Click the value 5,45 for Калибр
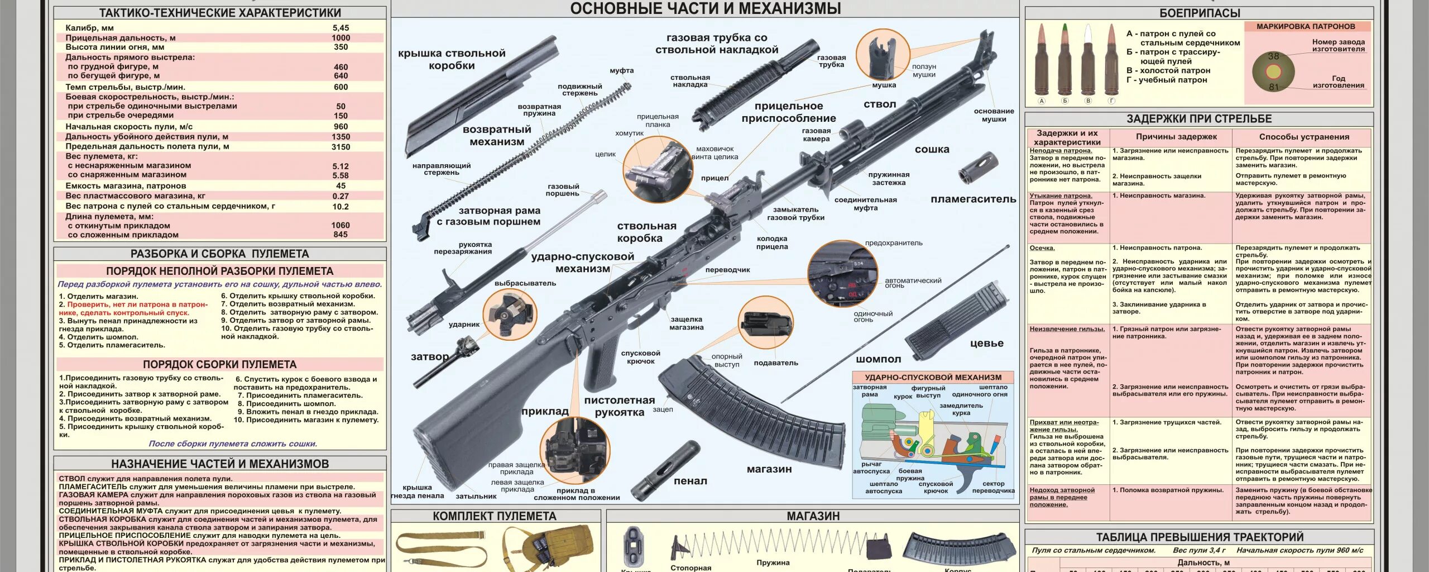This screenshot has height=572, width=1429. tap(341, 28)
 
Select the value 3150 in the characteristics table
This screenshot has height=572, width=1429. tap(341, 147)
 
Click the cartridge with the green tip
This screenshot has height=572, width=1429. tap(1064, 61)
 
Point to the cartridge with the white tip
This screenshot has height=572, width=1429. tap(1087, 61)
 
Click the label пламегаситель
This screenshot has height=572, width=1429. tap(973, 199)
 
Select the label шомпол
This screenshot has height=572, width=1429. tap(878, 359)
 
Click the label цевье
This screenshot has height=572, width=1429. tap(986, 344)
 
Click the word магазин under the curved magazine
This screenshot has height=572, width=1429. tap(769, 469)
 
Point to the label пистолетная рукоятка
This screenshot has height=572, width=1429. tap(619, 406)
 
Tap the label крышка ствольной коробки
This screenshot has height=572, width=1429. tap(452, 59)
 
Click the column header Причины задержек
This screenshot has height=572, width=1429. tap(1176, 137)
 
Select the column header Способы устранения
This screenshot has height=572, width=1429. tap(1304, 137)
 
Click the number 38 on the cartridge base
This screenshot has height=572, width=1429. tap(1273, 56)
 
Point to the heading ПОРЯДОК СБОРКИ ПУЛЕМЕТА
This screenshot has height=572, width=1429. tap(219, 365)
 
